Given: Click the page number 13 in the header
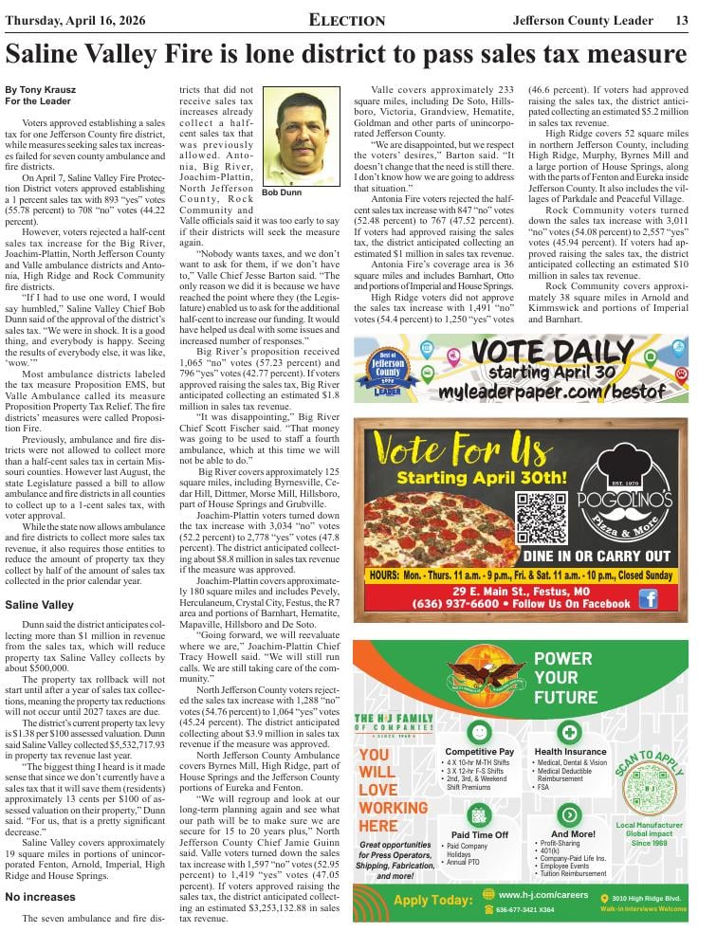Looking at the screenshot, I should point(681,20).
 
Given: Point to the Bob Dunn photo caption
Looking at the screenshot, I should point(282,192).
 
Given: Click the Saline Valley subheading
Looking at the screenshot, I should point(39,605).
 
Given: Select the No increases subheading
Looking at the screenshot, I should point(41,897).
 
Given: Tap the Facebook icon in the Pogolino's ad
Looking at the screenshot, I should point(648,598).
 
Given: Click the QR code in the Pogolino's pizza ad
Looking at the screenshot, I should point(542,516).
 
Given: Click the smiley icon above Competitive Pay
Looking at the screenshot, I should point(479,732).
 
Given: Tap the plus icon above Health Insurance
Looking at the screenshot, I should point(569,732).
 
